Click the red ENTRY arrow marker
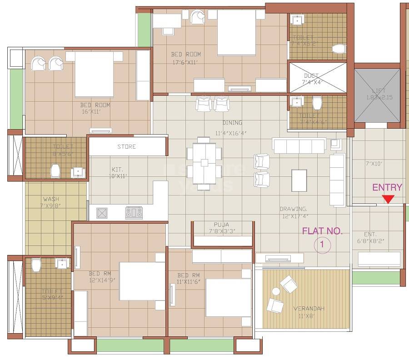(x=388, y=199)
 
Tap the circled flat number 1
(x=322, y=245)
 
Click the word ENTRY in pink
(x=387, y=187)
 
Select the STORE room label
(x=126, y=147)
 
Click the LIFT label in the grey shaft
(x=378, y=90)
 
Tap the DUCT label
(x=311, y=75)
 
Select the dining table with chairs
(x=204, y=162)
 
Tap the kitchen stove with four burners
(x=134, y=212)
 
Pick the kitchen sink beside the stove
(x=102, y=212)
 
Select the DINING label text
(x=232, y=123)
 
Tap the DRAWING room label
(x=294, y=209)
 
